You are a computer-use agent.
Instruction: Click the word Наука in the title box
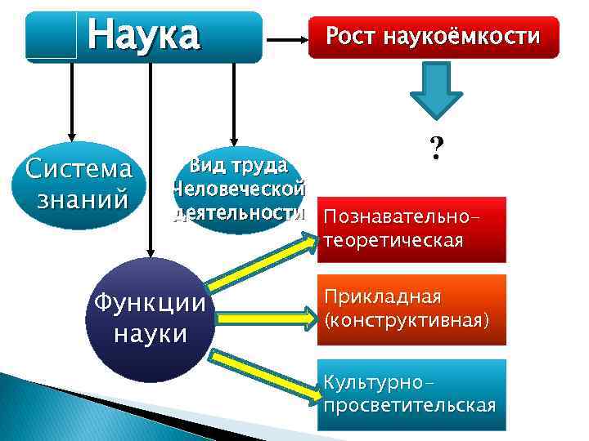point(143,35)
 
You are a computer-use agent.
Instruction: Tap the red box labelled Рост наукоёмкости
point(433,36)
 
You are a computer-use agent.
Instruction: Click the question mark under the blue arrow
point(437,148)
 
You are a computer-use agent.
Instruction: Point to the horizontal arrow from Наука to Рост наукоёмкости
point(286,38)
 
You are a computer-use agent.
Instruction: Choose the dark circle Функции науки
point(151,318)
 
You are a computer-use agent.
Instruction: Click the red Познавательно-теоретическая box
point(411,229)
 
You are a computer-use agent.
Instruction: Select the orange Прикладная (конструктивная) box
point(411,309)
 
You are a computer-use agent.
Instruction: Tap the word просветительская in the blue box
point(409,406)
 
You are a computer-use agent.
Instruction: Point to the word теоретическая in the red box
point(393,241)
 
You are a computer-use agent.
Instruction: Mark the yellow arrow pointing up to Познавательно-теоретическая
point(262,261)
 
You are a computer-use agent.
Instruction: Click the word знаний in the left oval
point(79,198)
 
